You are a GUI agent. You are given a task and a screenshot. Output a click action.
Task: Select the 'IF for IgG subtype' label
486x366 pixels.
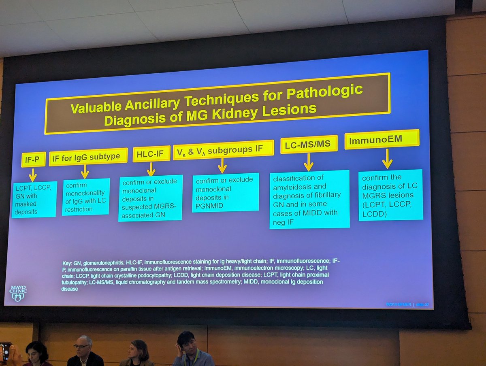click(x=88, y=157)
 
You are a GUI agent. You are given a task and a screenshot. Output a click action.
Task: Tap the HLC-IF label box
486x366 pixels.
click(x=151, y=154)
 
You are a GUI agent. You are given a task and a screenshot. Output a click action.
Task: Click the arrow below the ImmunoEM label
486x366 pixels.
click(x=387, y=159)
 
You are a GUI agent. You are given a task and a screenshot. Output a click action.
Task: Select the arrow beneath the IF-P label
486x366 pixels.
click(x=33, y=174)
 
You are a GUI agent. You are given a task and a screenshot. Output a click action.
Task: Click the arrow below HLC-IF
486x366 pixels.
click(x=151, y=169)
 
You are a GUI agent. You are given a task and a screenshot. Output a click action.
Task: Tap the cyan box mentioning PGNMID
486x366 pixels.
click(x=225, y=193)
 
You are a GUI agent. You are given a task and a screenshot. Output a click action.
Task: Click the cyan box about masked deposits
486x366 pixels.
click(x=34, y=200)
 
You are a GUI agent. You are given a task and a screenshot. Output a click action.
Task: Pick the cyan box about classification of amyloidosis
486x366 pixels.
click(x=309, y=198)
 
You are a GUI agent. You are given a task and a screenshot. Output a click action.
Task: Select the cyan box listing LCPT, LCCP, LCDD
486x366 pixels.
click(x=390, y=194)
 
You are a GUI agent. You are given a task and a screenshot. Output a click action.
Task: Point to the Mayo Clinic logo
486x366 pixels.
click(x=17, y=293)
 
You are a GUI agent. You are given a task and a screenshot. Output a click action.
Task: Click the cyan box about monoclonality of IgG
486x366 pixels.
click(x=86, y=196)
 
